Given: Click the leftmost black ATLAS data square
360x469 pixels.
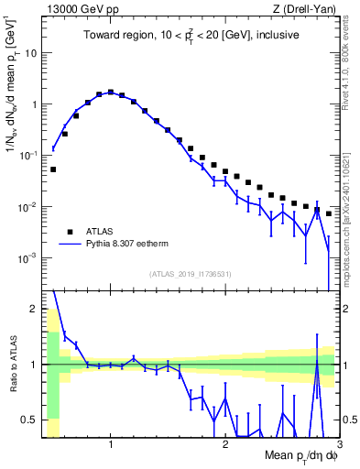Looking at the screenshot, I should [53, 169].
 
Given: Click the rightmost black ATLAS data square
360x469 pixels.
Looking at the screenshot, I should [329, 213].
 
